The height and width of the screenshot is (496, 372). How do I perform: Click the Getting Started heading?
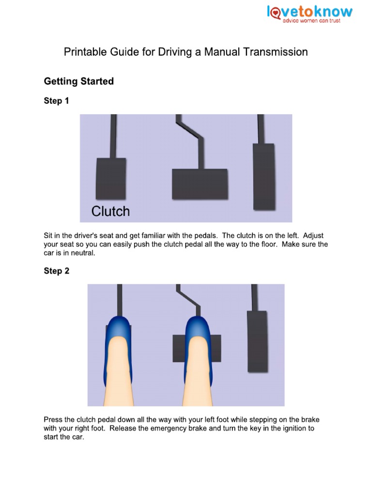click(x=79, y=81)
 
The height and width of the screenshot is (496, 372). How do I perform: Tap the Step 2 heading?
click(x=57, y=271)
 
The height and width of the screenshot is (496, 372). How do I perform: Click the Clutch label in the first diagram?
click(x=111, y=211)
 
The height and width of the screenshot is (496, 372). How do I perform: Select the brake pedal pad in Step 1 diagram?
click(x=200, y=184)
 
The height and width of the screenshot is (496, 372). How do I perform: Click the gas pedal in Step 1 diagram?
click(x=264, y=176)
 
